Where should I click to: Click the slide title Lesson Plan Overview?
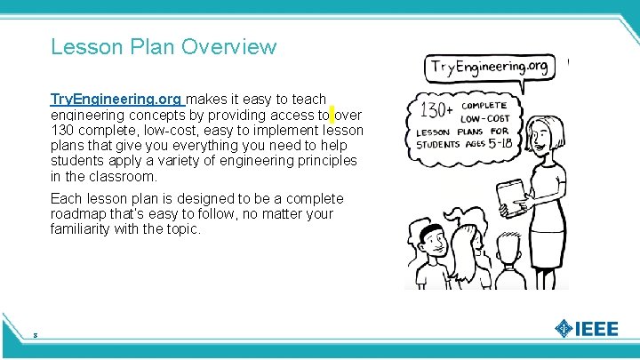coord(164,46)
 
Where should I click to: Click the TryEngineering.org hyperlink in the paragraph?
coord(116,99)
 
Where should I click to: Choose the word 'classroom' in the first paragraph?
coord(108,176)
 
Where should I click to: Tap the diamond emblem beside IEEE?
coord(564,328)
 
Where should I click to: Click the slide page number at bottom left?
coord(34,335)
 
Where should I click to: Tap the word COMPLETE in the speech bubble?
coord(484,105)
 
